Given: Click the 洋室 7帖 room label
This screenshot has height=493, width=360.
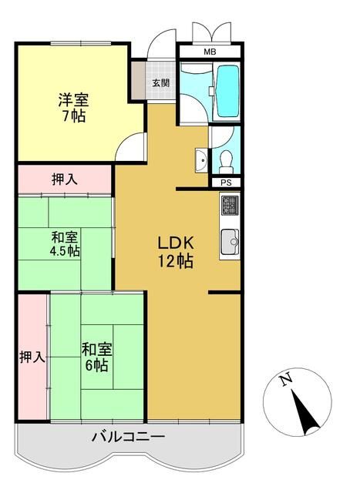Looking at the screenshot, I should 72,108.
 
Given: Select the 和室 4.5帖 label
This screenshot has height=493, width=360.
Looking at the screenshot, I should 64,243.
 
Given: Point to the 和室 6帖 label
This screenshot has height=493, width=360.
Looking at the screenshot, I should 96,357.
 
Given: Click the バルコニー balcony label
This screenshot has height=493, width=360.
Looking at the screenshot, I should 128,437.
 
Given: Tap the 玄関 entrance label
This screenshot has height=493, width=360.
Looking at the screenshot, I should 160,82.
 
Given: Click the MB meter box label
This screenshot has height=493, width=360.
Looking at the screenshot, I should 210,52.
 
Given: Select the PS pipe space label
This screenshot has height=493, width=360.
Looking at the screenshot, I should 225,183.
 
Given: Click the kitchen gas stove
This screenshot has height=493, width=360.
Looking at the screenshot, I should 230,206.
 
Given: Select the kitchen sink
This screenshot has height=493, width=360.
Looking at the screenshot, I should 230,244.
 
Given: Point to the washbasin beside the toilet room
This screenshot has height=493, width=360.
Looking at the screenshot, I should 200,161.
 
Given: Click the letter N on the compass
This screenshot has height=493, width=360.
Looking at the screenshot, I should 286,380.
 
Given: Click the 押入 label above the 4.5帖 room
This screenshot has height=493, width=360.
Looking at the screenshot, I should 65,179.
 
